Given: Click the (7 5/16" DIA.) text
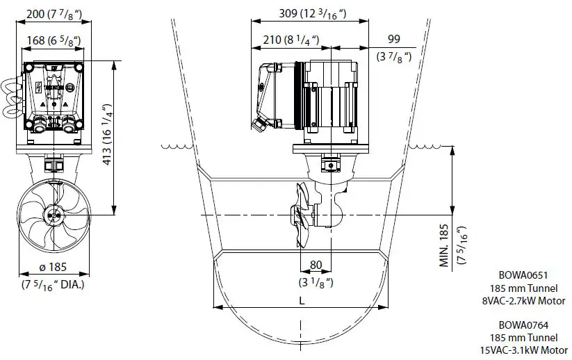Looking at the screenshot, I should point(53,284).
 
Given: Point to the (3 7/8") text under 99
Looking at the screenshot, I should point(393,56).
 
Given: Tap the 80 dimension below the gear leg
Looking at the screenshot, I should point(316,265).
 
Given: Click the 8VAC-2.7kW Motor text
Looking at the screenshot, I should point(524,301).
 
